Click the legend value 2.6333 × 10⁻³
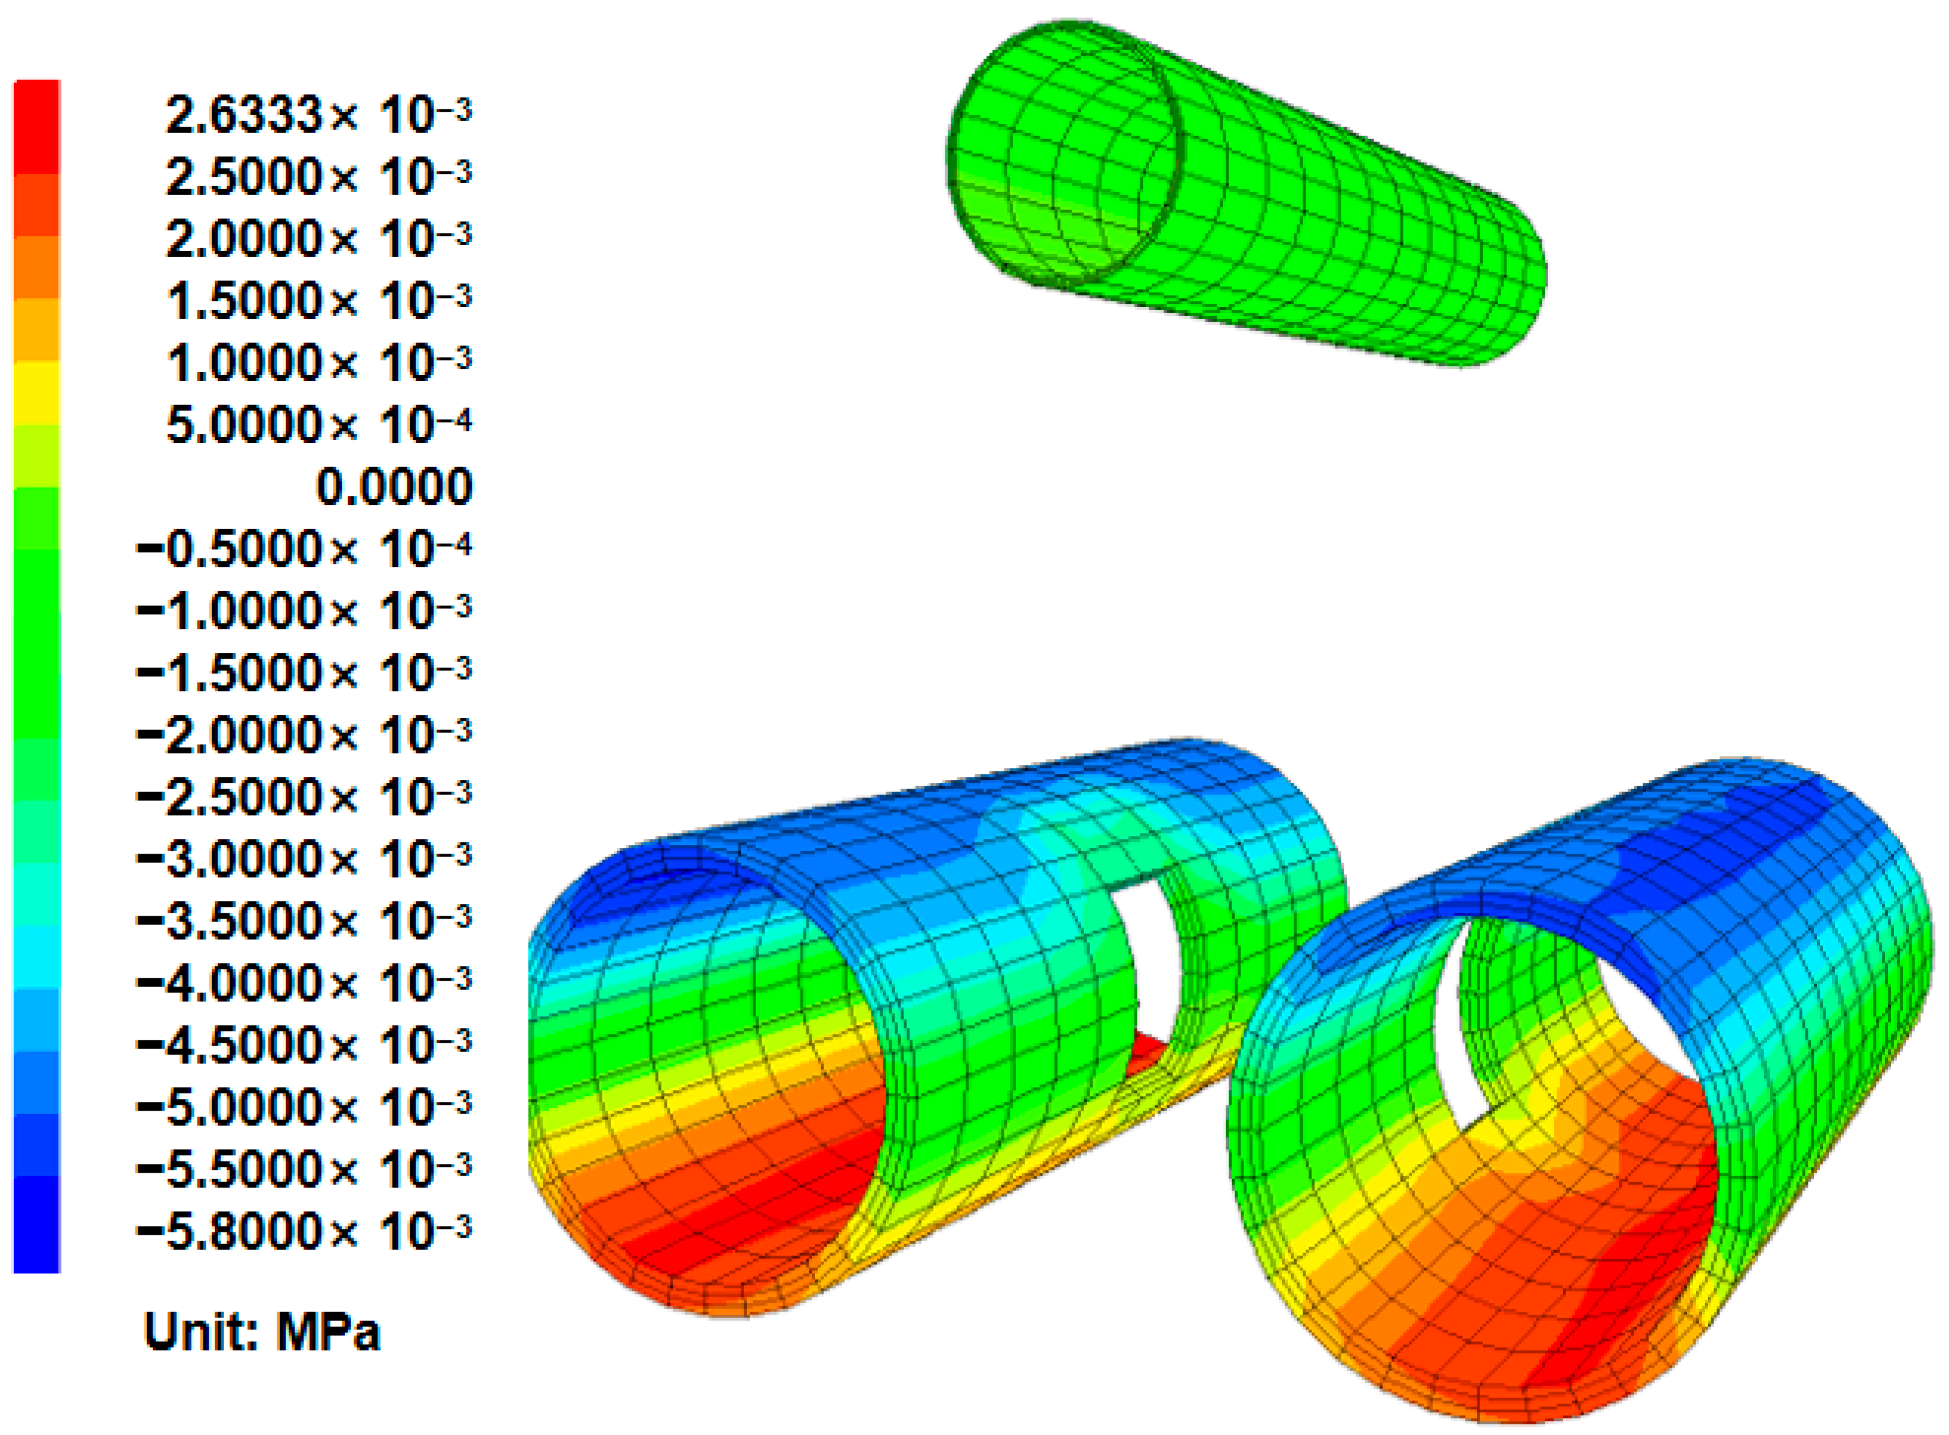(318, 115)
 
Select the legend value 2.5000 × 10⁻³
(318, 176)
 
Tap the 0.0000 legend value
(394, 486)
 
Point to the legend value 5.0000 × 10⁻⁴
(318, 425)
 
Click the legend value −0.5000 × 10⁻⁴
(304, 549)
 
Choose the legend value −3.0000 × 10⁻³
(304, 859)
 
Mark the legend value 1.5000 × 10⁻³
(318, 301)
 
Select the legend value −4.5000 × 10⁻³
(304, 1045)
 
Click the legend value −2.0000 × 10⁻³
(304, 735)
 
